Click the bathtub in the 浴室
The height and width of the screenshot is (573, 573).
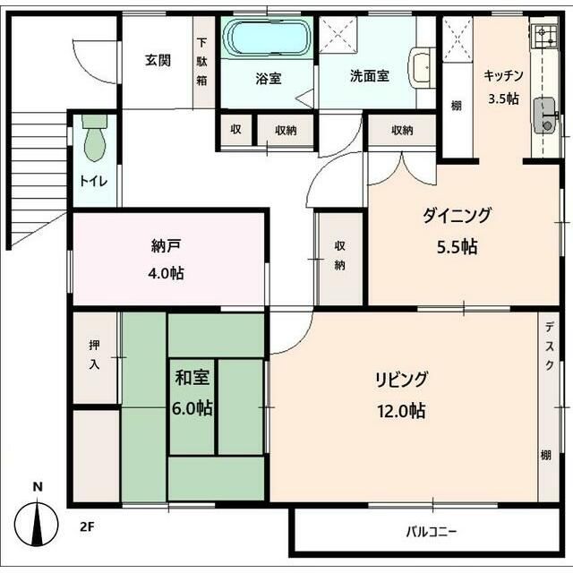pos(267,38)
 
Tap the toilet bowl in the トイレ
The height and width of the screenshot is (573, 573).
pos(95,138)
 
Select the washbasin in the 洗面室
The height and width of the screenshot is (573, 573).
pos(423,68)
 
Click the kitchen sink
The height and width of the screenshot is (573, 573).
pos(545,115)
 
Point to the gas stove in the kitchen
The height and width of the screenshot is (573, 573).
pos(545,37)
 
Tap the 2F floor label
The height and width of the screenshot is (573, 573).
pos(88,527)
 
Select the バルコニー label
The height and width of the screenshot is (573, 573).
pos(432,532)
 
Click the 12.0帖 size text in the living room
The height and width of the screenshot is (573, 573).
pos(401,411)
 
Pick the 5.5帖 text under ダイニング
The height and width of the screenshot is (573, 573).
pos(458,247)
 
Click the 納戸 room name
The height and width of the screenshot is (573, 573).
pos(166,246)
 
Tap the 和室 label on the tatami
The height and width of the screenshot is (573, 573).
pos(192,377)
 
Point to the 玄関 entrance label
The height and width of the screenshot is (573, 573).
pos(158,60)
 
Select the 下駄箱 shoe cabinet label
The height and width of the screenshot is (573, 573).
pos(202,62)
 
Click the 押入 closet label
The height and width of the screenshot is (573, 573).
pos(95,355)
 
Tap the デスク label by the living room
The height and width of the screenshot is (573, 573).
pos(549,346)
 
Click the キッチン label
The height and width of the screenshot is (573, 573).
pos(503,75)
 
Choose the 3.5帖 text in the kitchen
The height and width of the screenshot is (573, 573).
pos(503,98)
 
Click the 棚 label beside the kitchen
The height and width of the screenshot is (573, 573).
pos(456,106)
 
